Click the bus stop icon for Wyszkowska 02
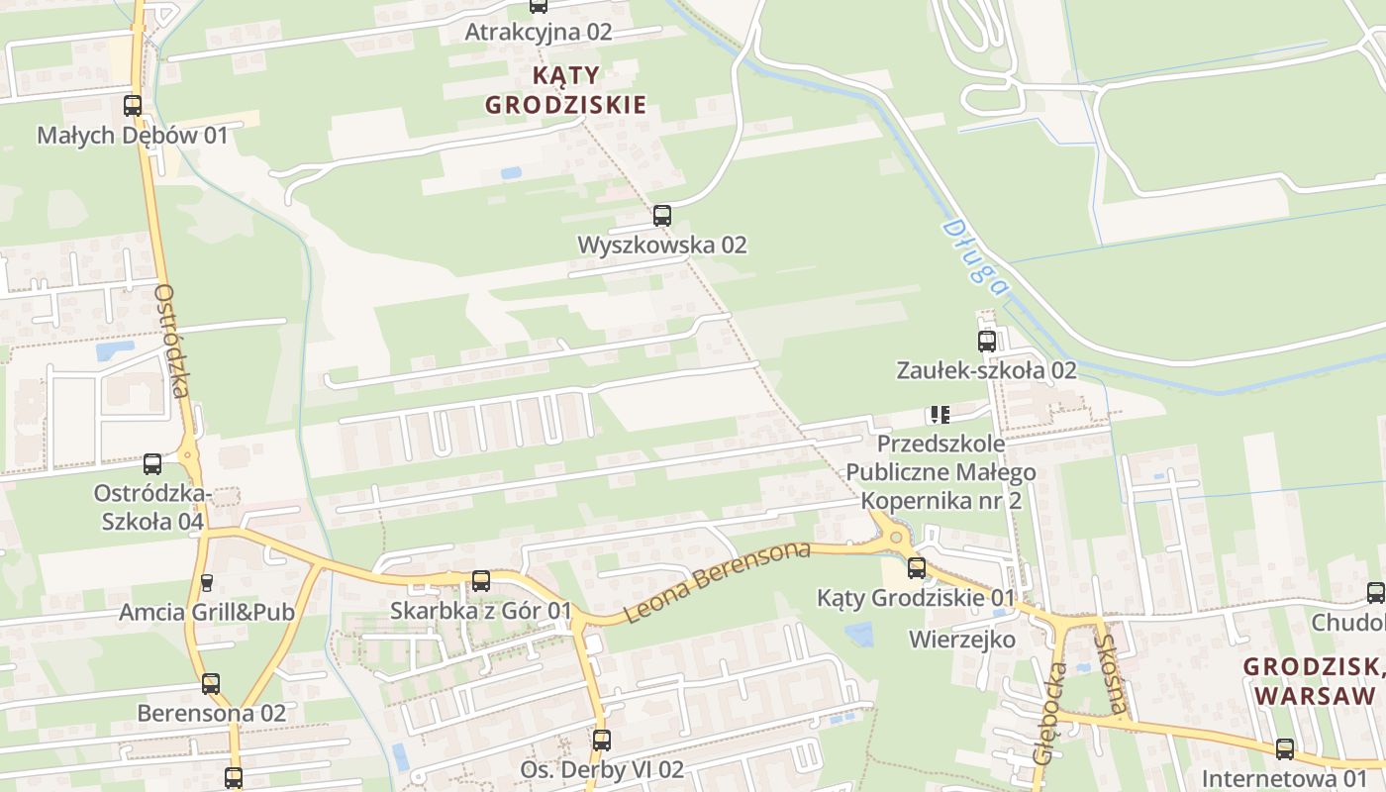tap(662, 215)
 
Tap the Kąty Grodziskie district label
tap(565, 90)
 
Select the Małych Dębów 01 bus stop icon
tap(133, 105)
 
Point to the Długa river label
tap(974, 256)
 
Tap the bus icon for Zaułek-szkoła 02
tap(987, 342)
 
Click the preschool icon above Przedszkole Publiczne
tap(940, 414)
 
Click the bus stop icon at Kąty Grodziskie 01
tap(917, 567)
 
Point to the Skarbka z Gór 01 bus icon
tap(481, 581)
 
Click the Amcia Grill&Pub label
tap(207, 612)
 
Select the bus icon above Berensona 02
tap(211, 683)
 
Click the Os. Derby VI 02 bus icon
tap(602, 740)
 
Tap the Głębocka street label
tap(1049, 712)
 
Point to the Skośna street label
tap(1110, 673)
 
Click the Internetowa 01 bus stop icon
tap(1285, 749)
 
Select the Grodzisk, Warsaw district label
tap(1313, 681)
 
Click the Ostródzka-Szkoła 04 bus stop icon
tap(152, 463)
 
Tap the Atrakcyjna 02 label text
tap(539, 32)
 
